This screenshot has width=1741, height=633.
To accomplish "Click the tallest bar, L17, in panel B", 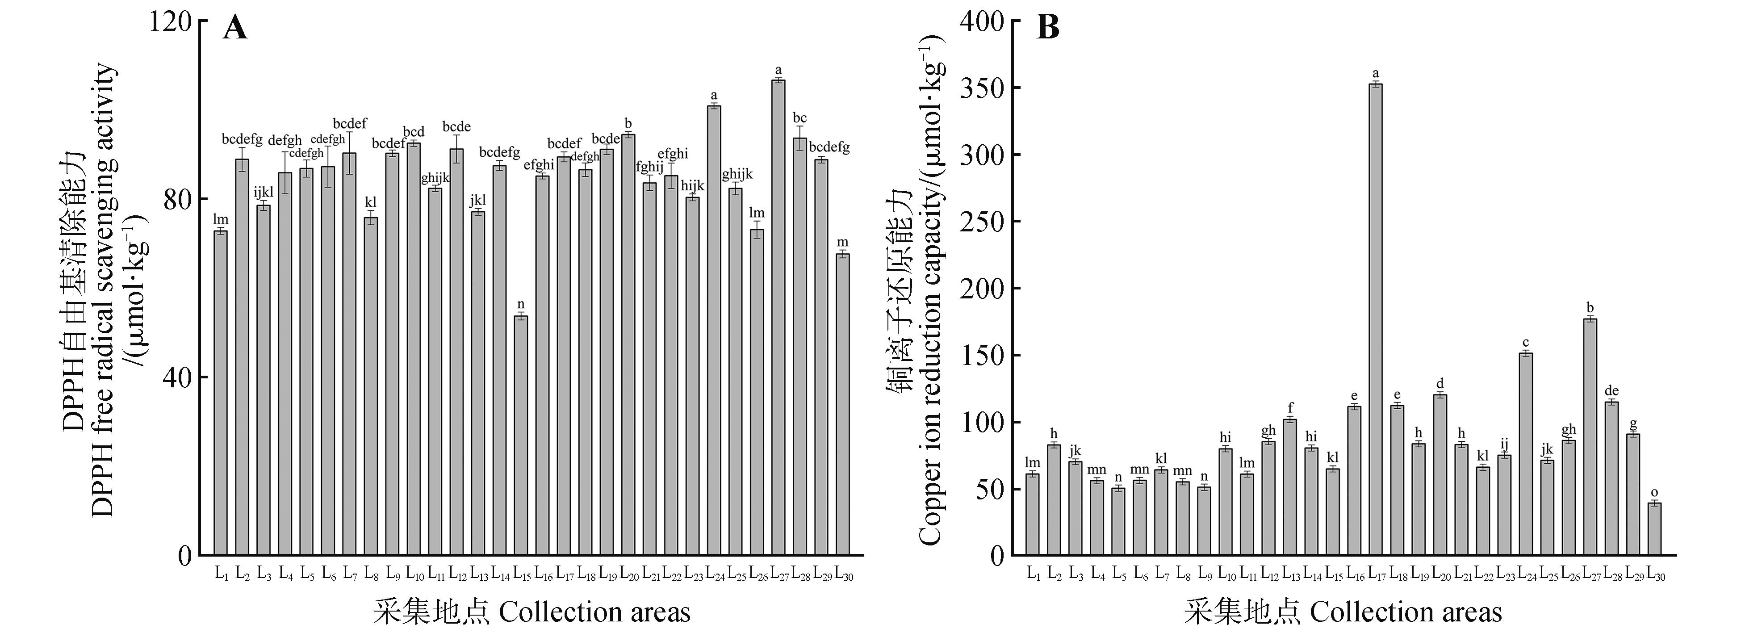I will (x=1375, y=318).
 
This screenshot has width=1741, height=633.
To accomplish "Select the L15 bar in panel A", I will (x=520, y=436).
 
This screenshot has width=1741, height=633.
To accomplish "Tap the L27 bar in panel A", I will (x=778, y=318).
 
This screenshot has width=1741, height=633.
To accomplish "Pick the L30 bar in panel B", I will (x=1654, y=529).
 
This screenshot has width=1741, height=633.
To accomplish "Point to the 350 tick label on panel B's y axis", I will (x=983, y=88).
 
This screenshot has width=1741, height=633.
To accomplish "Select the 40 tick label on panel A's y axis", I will (x=177, y=378).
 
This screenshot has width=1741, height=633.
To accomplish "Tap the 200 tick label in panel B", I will (x=983, y=289).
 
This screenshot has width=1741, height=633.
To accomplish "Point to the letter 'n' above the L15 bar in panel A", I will (x=520, y=304).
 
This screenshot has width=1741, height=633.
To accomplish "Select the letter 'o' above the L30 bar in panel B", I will (x=1654, y=492).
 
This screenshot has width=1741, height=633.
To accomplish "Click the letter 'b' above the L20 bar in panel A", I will (x=628, y=123).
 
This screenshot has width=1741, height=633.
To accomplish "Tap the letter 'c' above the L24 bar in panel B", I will (x=1525, y=342).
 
